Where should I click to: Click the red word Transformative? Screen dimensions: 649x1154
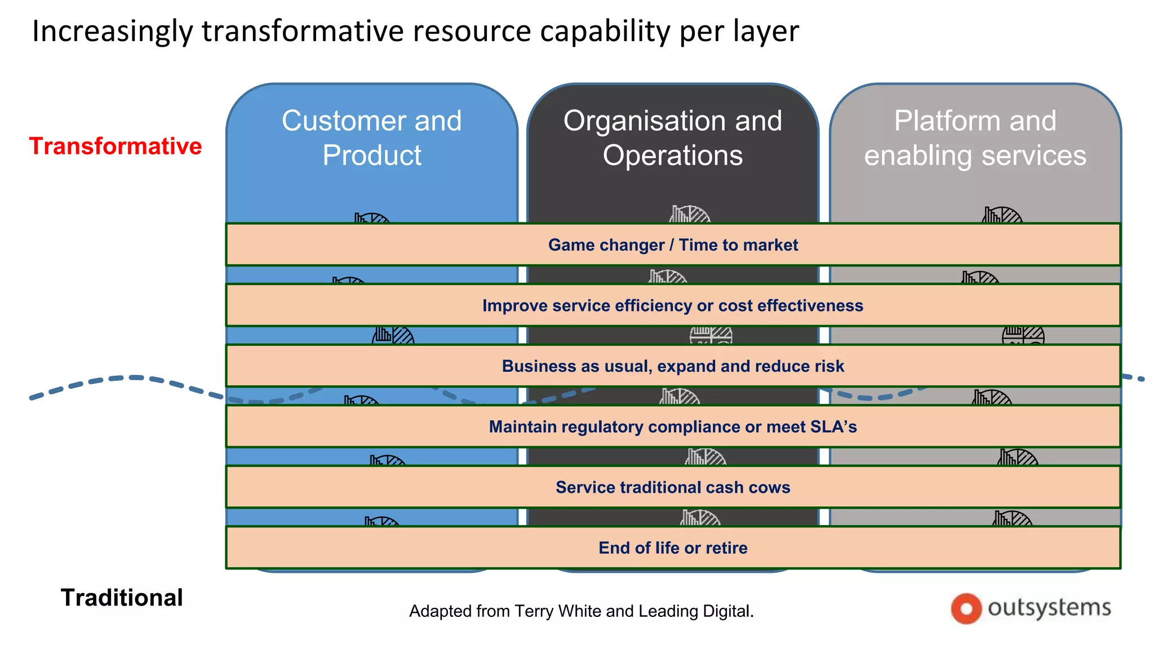(x=116, y=146)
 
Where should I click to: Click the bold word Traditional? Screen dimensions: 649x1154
(x=122, y=597)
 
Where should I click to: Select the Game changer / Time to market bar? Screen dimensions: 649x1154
(x=673, y=245)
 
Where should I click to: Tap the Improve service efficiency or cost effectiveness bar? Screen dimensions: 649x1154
(x=673, y=305)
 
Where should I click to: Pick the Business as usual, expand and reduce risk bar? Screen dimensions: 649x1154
(x=673, y=366)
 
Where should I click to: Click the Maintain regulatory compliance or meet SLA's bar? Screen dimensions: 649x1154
(x=673, y=426)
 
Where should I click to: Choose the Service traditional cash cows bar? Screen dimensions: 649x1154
(x=673, y=487)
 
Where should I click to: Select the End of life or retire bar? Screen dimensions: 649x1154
(x=673, y=548)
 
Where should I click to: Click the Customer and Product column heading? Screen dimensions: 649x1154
(x=372, y=138)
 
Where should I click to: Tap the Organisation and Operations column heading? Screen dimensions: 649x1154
(x=673, y=138)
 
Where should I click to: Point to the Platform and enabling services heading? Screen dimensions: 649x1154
(x=975, y=138)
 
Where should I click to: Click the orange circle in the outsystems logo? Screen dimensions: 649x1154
(x=966, y=608)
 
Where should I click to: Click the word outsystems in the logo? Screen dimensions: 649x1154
(x=1049, y=607)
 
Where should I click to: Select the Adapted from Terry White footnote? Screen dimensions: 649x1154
(x=581, y=611)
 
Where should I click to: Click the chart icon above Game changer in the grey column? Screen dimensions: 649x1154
(x=1002, y=215)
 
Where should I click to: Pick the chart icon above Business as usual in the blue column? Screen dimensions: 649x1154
(x=393, y=336)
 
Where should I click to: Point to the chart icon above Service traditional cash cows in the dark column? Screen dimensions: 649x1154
(x=705, y=457)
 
